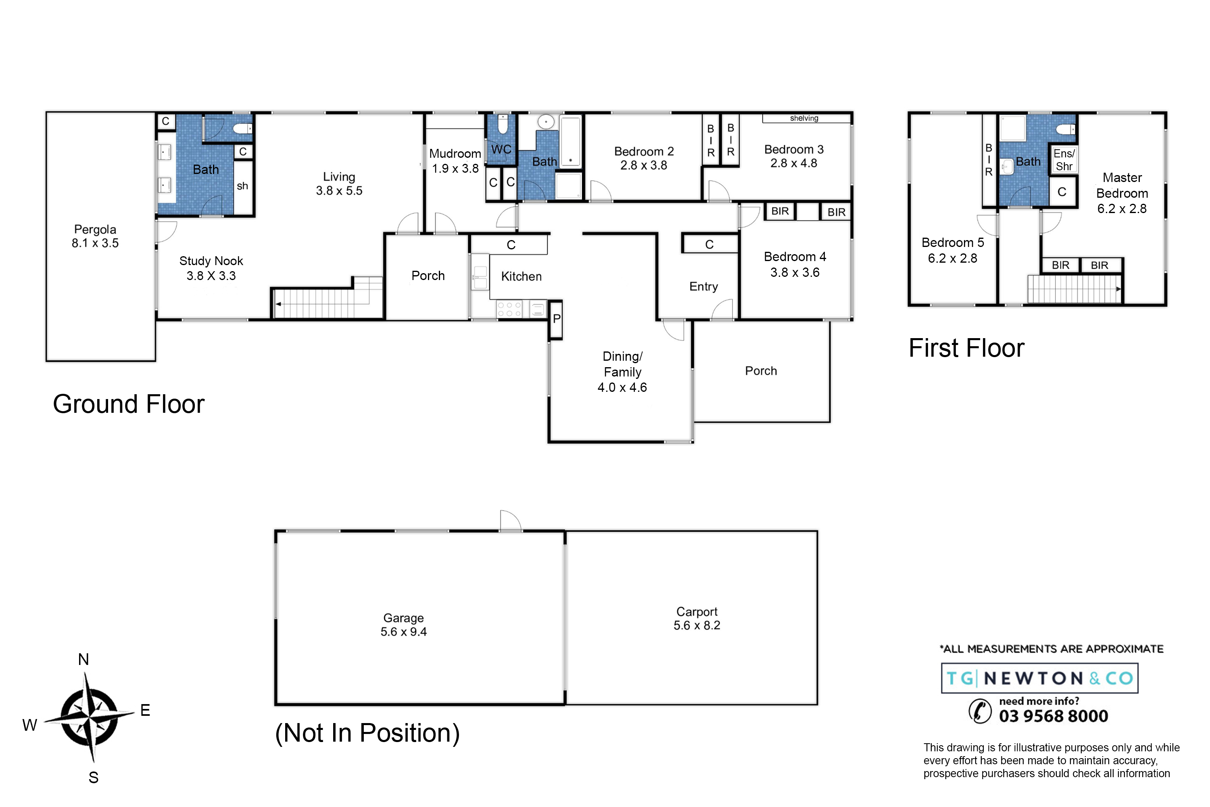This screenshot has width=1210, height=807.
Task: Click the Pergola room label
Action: click(x=95, y=236)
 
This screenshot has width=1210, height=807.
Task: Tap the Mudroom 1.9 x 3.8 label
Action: click(x=455, y=161)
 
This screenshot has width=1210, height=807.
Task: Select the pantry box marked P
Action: click(x=556, y=320)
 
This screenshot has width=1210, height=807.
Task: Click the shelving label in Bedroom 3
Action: click(x=804, y=118)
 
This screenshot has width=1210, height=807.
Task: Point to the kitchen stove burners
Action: click(x=509, y=309)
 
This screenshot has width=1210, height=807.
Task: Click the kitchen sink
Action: click(x=480, y=278)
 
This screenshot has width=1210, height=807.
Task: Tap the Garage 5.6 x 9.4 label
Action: click(x=404, y=625)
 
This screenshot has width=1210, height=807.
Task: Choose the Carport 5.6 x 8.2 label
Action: click(x=697, y=619)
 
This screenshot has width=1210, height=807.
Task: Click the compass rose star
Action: click(x=90, y=717)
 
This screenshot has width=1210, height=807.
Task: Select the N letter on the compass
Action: click(x=83, y=659)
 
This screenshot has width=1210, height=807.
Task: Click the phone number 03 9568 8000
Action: click(x=1054, y=716)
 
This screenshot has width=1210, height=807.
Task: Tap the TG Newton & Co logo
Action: click(x=1040, y=678)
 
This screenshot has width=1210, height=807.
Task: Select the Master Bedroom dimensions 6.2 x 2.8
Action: click(x=1122, y=209)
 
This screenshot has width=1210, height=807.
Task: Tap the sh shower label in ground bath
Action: click(x=242, y=186)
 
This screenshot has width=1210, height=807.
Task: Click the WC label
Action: click(x=501, y=150)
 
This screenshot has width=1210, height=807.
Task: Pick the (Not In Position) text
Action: click(x=367, y=733)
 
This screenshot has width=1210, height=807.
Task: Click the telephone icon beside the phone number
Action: click(x=980, y=711)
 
